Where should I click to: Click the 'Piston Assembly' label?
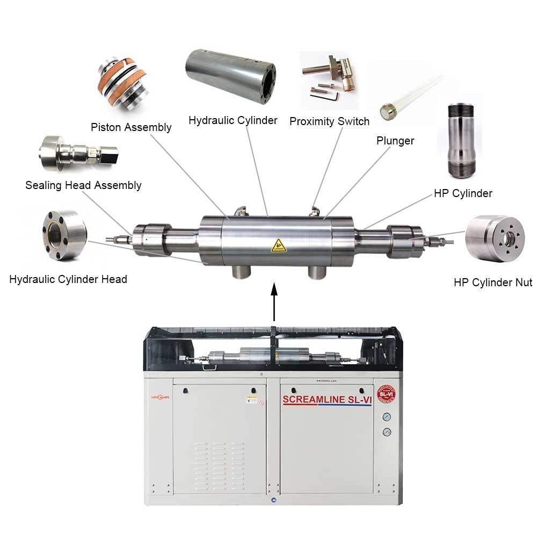131,127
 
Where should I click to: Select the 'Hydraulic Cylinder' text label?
233,120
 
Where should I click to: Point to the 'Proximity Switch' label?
329,121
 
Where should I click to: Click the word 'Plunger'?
395,141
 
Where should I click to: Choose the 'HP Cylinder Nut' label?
492,282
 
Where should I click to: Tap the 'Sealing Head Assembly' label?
83,185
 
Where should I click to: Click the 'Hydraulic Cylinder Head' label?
68,279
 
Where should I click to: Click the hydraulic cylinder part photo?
231,76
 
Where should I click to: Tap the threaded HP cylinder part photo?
461,141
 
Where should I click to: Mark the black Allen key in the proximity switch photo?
333,95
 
